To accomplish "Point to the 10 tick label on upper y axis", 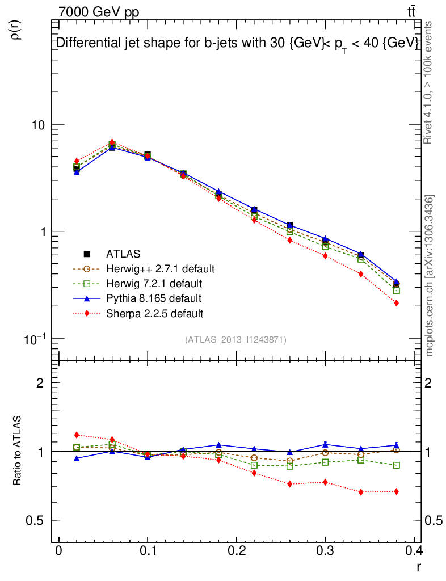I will (40, 125).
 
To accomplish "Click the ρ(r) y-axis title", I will (16, 29).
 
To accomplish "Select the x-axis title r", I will (419, 567).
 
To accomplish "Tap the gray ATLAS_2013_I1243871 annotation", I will (235, 340).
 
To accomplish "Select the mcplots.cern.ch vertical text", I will (430, 276).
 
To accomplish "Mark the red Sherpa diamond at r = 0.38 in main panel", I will (396, 303).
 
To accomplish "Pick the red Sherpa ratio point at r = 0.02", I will (77, 435).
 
